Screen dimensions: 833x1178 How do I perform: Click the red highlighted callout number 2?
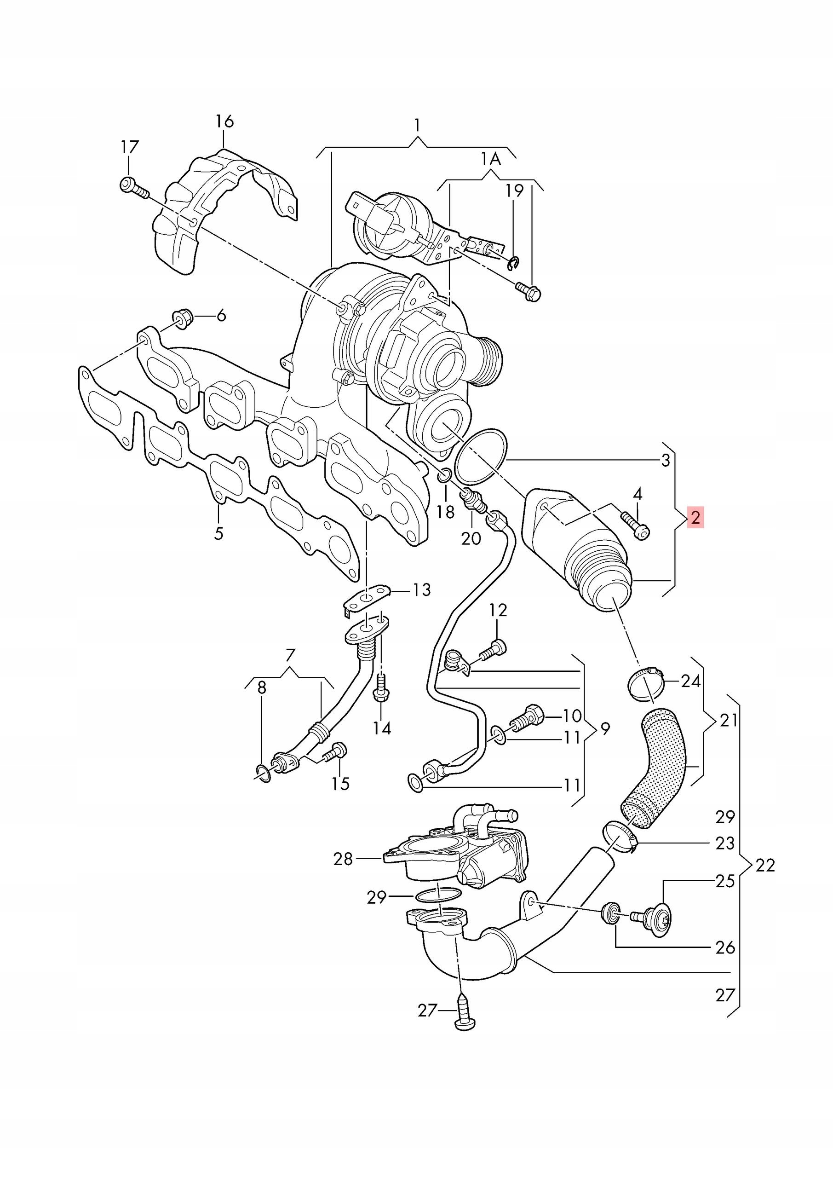pyautogui.click(x=695, y=517)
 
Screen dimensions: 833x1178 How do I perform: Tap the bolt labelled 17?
pyautogui.click(x=134, y=188)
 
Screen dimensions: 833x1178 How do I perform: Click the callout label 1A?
pyautogui.click(x=491, y=159)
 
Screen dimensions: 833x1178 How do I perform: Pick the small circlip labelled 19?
pyautogui.click(x=514, y=263)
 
